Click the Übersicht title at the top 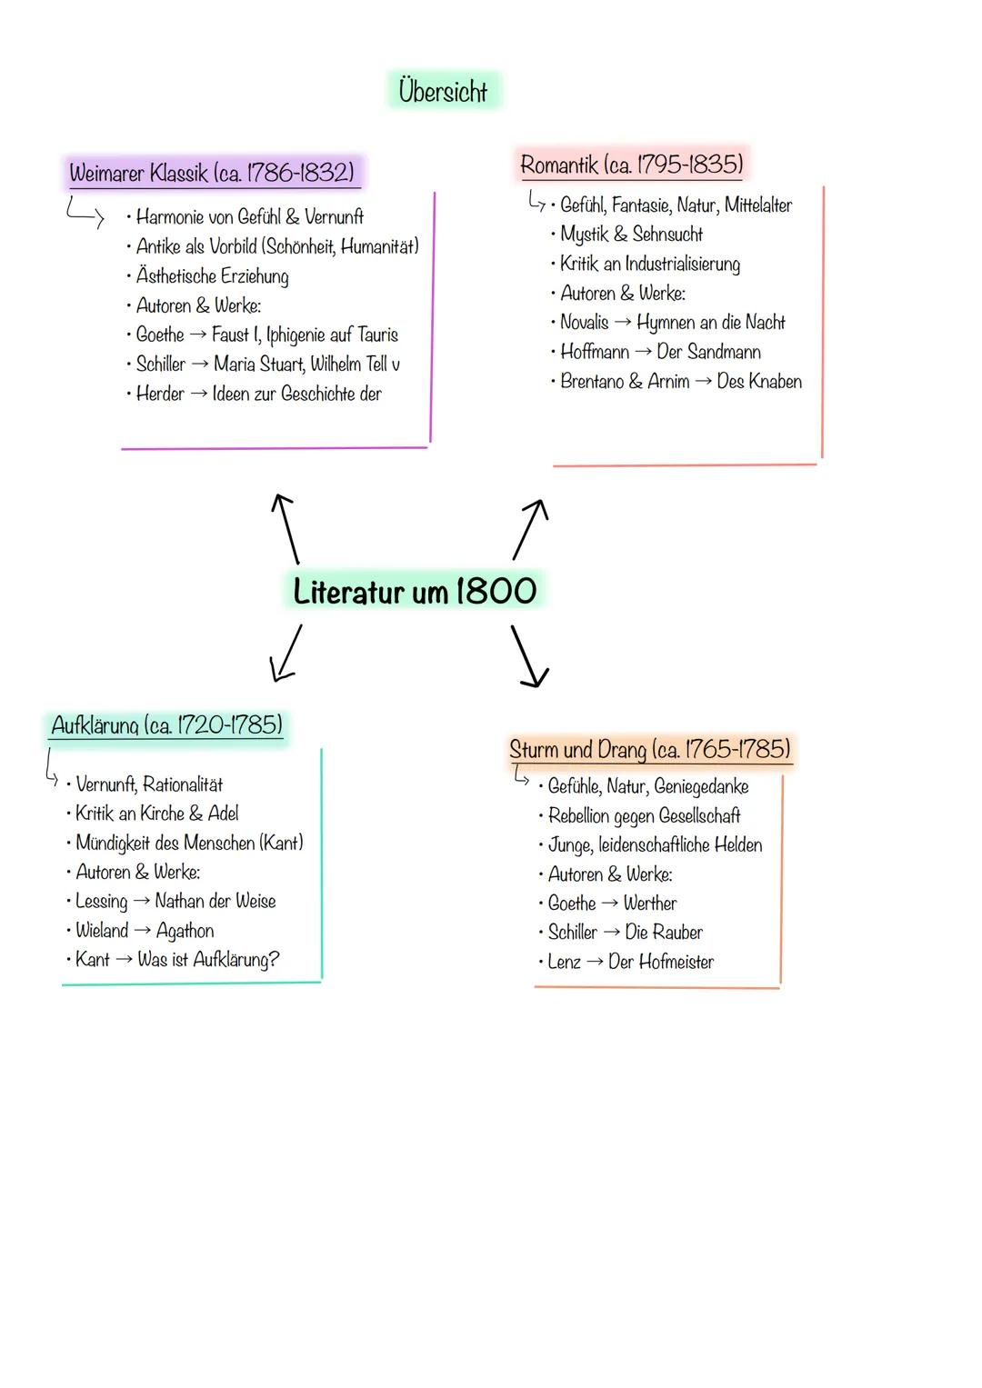pyautogui.click(x=443, y=91)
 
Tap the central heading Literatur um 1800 pyautogui.click(x=415, y=591)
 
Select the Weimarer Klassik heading pyautogui.click(x=212, y=172)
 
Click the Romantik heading pyautogui.click(x=631, y=165)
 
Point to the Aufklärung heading pyautogui.click(x=166, y=725)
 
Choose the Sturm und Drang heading pyautogui.click(x=649, y=750)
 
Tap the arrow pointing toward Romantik pyautogui.click(x=530, y=528)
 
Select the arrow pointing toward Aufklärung pyautogui.click(x=286, y=652)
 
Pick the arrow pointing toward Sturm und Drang pyautogui.click(x=529, y=654)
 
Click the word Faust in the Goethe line pyautogui.click(x=235, y=335)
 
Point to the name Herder pyautogui.click(x=160, y=394)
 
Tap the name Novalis pyautogui.click(x=585, y=322)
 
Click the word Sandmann pyautogui.click(x=724, y=352)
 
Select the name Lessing pyautogui.click(x=101, y=901)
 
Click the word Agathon pyautogui.click(x=185, y=931)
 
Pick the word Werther pyautogui.click(x=650, y=904)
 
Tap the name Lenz pyautogui.click(x=564, y=962)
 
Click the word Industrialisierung pyautogui.click(x=683, y=265)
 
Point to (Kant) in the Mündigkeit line pyautogui.click(x=282, y=843)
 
